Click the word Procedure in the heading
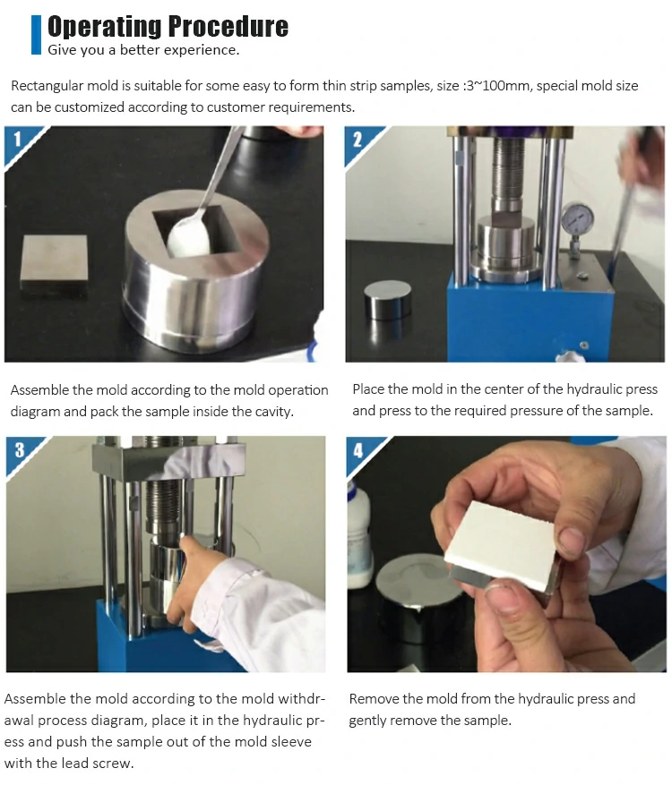[x=228, y=27]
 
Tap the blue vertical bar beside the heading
[x=36, y=35]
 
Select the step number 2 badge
[x=358, y=140]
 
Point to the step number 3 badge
[x=20, y=450]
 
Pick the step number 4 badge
[x=358, y=451]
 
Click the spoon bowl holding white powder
[x=188, y=235]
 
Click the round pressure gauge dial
[x=577, y=218]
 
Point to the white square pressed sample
[x=500, y=546]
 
